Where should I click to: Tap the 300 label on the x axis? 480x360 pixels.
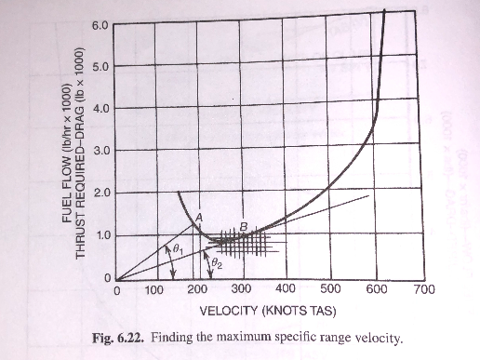pos(242,289)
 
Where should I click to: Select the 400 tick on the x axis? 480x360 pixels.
pos(286,289)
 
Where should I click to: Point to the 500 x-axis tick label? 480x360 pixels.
pos(330,289)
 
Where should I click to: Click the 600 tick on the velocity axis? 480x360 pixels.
pos(375,289)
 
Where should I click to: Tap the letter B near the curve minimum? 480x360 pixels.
pos(243,227)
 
